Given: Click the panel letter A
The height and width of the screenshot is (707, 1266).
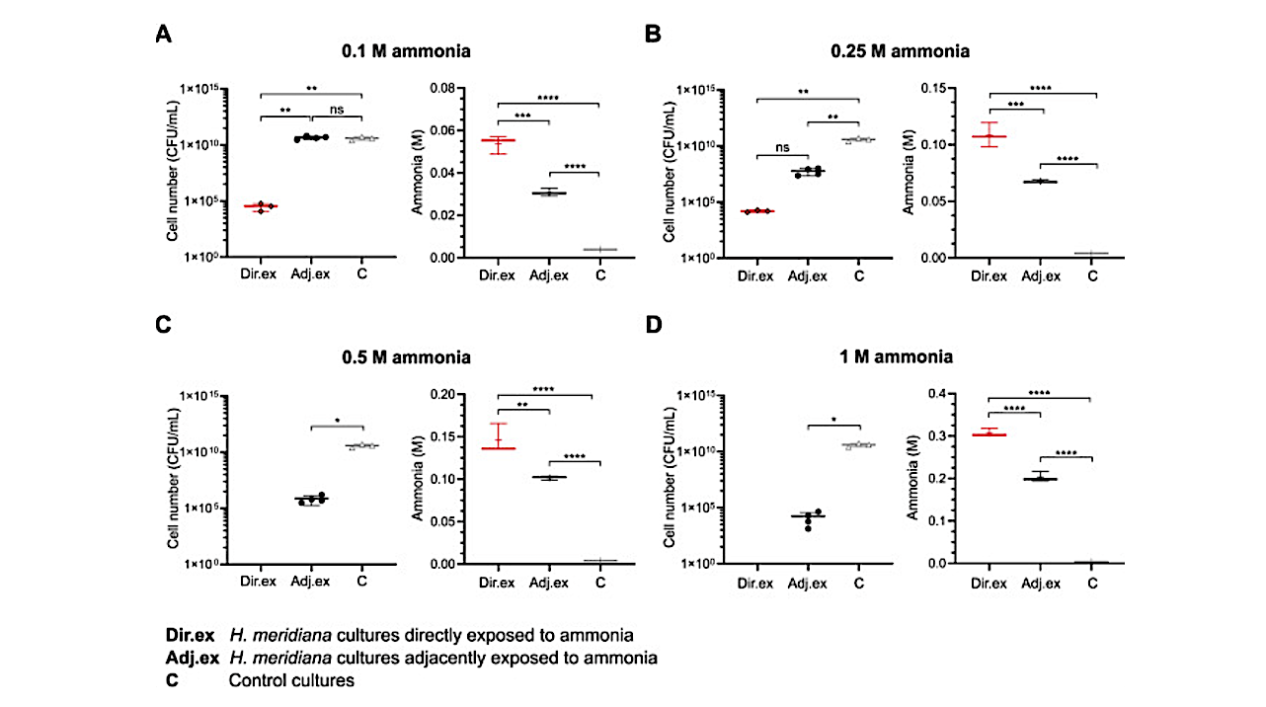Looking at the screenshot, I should pos(165,34).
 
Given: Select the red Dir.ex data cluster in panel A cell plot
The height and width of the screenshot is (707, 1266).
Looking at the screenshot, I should pos(261,206).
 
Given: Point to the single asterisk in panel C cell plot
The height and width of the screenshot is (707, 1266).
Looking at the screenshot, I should pos(337,420).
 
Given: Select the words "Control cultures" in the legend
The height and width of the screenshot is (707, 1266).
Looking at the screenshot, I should pos(291,680).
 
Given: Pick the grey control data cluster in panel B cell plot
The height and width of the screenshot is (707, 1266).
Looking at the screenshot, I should pos(858,139).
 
